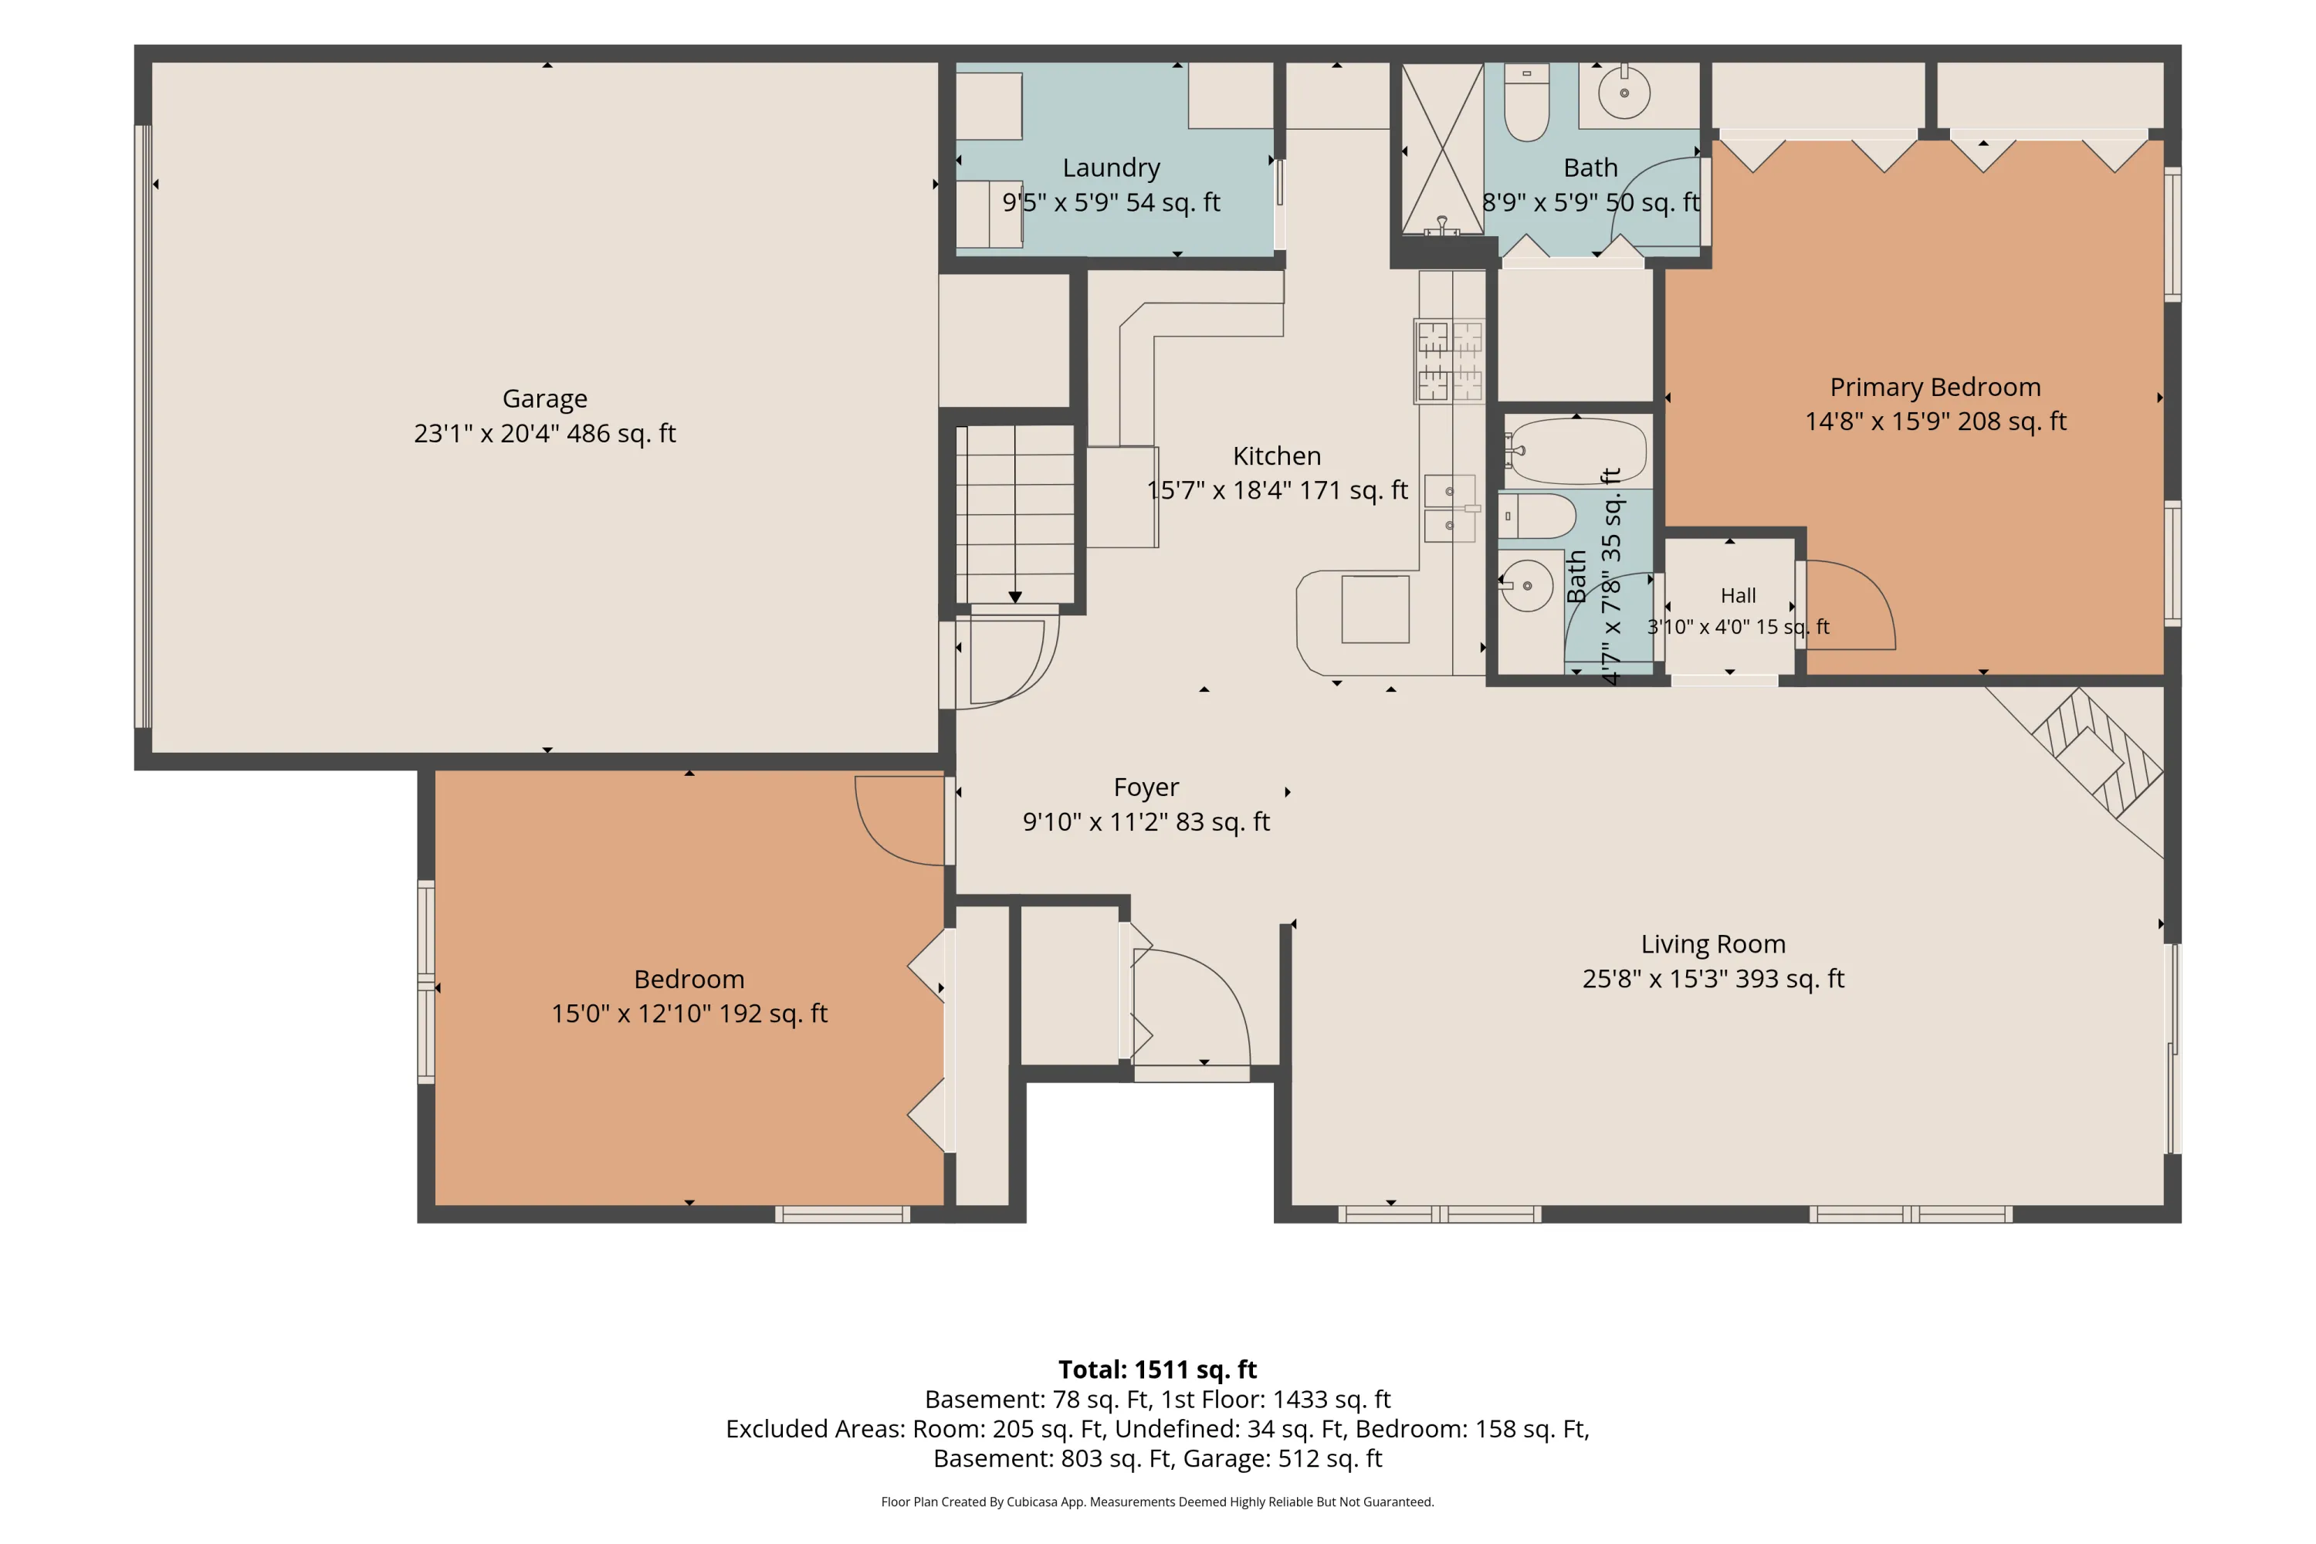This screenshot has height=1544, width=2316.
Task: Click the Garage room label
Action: tap(544, 399)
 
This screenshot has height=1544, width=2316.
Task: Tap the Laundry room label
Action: tap(1111, 168)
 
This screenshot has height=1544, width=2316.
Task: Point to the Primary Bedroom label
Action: tap(1935, 387)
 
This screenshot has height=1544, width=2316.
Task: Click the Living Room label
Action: tap(1712, 944)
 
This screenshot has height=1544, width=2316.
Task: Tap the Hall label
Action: tap(1738, 596)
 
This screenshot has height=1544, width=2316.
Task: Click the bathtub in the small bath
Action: tap(1575, 451)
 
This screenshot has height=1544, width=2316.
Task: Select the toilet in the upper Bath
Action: tap(1526, 103)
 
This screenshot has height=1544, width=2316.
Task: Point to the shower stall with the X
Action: tap(1443, 149)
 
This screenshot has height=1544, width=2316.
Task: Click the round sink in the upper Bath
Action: tap(1624, 93)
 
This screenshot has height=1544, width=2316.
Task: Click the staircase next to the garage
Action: tap(1015, 513)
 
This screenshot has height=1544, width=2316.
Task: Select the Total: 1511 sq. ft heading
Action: tap(1157, 1370)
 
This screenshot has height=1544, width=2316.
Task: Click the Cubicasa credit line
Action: tap(1157, 1502)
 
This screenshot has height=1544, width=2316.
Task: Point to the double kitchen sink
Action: tap(1451, 508)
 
